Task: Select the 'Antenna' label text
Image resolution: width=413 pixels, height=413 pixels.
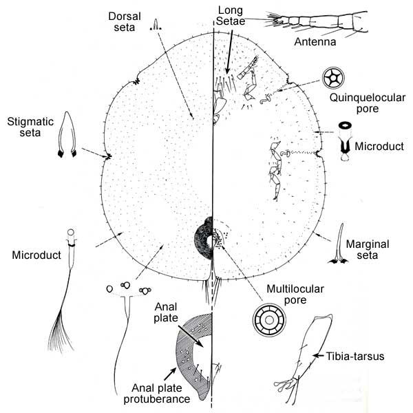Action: pyautogui.click(x=314, y=43)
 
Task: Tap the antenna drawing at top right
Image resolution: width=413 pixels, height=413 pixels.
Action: pyautogui.click(x=324, y=21)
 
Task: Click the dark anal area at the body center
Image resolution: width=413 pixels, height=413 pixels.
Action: pyautogui.click(x=204, y=238)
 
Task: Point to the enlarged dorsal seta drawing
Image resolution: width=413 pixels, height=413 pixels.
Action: pyautogui.click(x=157, y=25)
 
